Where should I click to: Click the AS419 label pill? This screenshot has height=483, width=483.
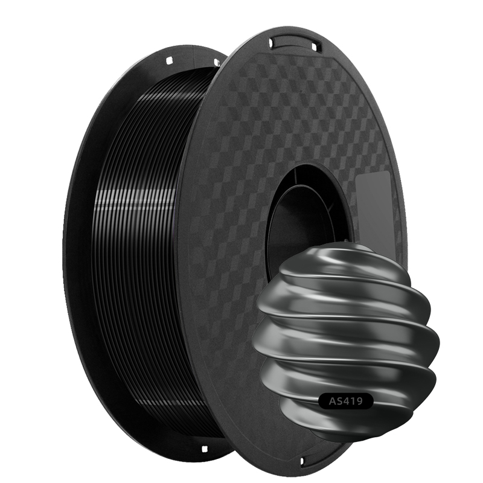[345, 401]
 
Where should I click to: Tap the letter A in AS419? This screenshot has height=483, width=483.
[333, 401]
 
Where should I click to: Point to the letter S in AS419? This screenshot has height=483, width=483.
[341, 401]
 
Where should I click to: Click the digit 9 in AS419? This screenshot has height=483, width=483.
[359, 401]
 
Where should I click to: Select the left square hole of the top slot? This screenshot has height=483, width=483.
[272, 43]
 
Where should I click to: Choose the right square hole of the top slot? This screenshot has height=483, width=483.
[314, 47]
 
